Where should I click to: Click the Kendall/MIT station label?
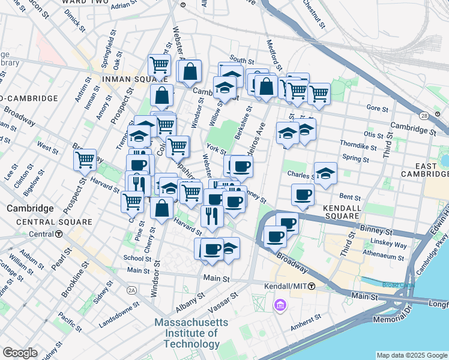click(285, 287)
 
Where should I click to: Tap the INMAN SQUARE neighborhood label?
click(128, 78)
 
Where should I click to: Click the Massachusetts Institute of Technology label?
click(191, 333)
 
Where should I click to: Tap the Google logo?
click(20, 353)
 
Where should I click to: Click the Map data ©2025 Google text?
click(411, 355)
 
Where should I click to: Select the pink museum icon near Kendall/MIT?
click(280, 307)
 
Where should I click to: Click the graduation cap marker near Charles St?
click(325, 173)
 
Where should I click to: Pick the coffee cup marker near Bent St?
click(303, 194)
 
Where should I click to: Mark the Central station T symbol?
click(59, 234)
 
